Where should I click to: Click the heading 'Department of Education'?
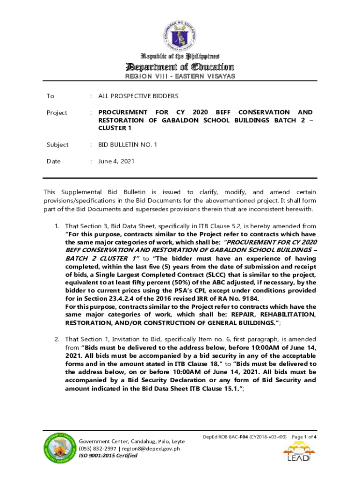pyautogui.click(x=180, y=66)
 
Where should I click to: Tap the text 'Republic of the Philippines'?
pyautogui.click(x=180, y=56)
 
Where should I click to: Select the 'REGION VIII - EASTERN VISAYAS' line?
pyautogui.click(x=180, y=77)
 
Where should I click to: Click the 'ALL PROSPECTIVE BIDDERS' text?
pyautogui.click(x=138, y=96)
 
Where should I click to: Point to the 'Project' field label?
pyautogui.click(x=57, y=113)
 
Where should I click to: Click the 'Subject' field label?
pyautogui.click(x=58, y=145)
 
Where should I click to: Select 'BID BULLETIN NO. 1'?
pyautogui.click(x=128, y=145)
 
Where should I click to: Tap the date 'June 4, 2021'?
pyautogui.click(x=116, y=161)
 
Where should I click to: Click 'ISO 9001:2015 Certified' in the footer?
pyautogui.click(x=108, y=456)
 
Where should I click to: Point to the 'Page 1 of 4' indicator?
pyautogui.click(x=305, y=437)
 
